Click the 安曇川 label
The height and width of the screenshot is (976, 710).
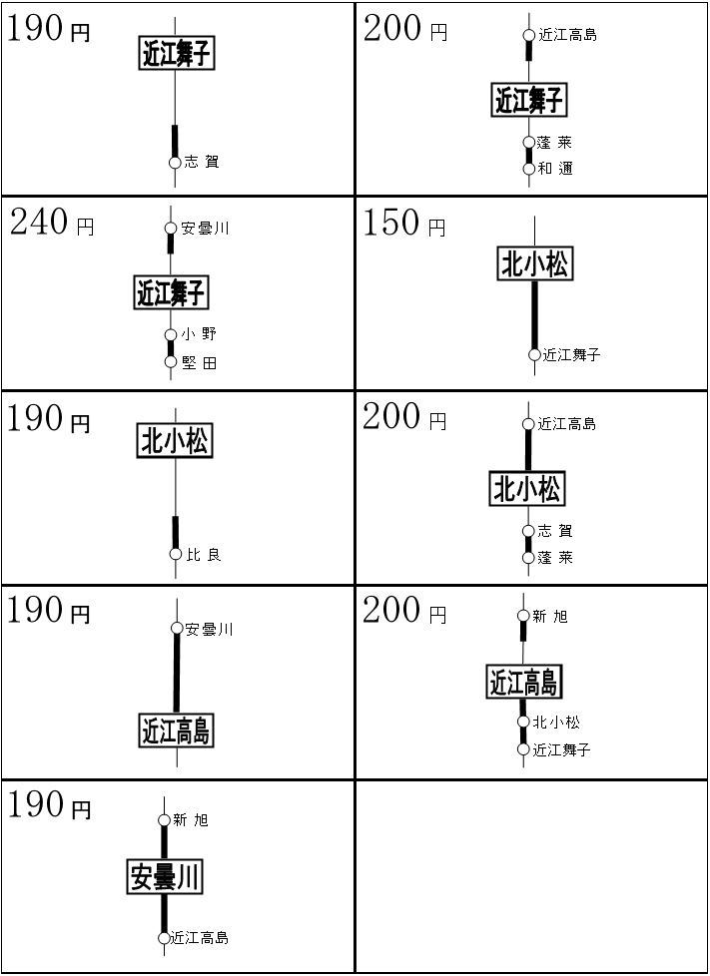pos(165,877)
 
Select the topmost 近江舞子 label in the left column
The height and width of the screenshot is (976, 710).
pos(177,53)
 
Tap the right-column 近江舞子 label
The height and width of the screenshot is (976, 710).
pos(529,100)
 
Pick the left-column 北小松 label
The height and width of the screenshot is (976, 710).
pos(175,440)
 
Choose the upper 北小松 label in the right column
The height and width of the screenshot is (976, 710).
pos(535,264)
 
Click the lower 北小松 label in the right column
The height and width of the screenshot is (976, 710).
pos(527,489)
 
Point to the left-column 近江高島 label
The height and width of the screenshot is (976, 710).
pos(176,732)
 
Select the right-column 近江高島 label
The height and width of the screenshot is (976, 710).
pos(523,683)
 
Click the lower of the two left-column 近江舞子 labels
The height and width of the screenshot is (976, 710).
pos(171,293)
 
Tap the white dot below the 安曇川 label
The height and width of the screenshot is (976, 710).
pos(164,938)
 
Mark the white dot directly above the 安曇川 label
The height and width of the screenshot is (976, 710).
pos(164,820)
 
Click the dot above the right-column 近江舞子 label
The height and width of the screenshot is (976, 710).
pos(529,36)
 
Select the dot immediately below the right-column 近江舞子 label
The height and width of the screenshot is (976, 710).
pos(529,143)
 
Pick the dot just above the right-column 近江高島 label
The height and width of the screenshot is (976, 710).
pos(523,616)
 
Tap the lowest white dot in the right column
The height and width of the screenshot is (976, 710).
pos(523,749)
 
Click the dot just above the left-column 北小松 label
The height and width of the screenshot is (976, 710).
pos(171,361)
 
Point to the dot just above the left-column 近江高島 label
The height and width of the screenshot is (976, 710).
pos(177,628)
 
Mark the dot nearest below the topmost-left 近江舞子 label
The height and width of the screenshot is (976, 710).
pos(175,163)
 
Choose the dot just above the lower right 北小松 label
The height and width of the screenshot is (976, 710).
pos(528,424)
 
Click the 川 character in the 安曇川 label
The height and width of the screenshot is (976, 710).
pos(189,878)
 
